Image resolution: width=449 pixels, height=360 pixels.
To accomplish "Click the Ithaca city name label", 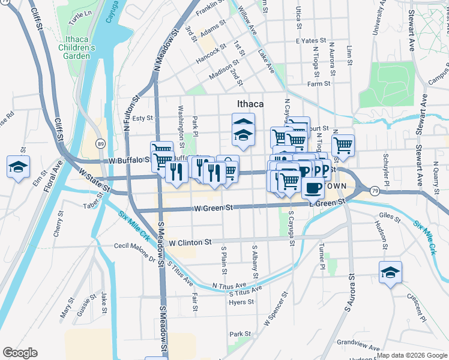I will tap(250, 104).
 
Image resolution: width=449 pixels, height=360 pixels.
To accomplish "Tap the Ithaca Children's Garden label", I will tap(78, 47).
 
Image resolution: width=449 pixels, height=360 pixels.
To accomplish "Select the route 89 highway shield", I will tap(101, 144).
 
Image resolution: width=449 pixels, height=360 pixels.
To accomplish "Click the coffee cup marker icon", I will tap(312, 188).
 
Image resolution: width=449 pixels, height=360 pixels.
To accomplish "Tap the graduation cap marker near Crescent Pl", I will tap(390, 273).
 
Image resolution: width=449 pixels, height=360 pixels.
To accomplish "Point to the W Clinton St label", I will tap(190, 242).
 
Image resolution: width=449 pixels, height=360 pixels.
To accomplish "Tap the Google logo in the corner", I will tap(20, 353).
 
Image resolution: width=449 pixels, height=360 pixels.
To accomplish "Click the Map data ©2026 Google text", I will tap(412, 356).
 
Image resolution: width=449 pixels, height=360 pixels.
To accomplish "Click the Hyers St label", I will tap(243, 302).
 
